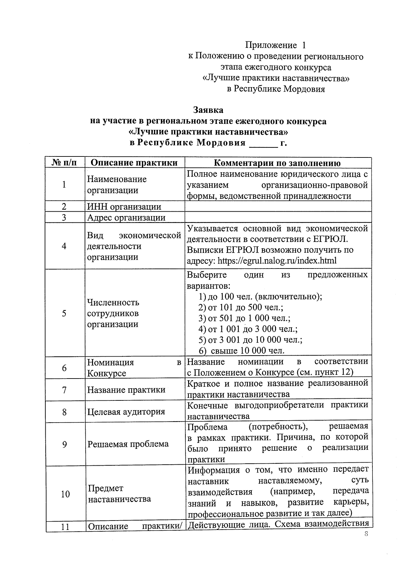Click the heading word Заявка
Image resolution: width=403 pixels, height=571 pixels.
208,110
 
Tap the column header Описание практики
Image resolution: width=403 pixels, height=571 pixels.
134,163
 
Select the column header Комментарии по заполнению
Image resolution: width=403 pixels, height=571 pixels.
277,163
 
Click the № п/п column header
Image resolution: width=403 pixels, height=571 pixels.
65,163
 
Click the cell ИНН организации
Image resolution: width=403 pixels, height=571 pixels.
124,207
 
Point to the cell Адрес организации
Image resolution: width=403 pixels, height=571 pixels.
126,217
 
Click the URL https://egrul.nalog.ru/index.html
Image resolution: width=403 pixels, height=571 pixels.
277,260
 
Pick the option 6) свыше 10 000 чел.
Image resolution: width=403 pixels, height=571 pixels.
242,351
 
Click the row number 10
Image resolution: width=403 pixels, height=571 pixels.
65,494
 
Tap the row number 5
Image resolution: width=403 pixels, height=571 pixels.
64,313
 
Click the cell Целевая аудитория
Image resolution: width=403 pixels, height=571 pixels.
126,412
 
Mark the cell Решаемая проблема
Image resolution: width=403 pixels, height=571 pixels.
128,444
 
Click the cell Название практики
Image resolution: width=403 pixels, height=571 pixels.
126,390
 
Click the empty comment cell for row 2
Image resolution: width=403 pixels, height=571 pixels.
278,207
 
